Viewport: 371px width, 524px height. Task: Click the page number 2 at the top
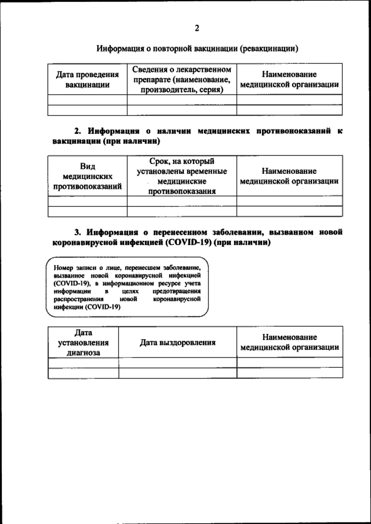197,28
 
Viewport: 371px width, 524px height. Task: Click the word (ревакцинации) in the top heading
269,49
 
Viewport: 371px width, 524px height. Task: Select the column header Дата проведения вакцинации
87,80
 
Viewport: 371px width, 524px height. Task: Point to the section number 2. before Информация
77,131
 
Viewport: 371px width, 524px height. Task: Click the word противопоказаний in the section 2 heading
294,131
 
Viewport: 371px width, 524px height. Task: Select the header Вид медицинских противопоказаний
87,176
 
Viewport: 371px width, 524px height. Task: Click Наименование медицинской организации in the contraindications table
289,176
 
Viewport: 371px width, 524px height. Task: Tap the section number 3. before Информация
77,233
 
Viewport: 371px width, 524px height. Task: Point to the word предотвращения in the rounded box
176,291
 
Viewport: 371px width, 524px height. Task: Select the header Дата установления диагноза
83,343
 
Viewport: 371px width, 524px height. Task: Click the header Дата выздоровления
177,343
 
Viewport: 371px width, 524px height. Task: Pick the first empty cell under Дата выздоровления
177,363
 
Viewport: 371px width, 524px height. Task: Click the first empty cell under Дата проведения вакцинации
87,100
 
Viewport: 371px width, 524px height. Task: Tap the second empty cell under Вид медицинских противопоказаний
87,212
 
